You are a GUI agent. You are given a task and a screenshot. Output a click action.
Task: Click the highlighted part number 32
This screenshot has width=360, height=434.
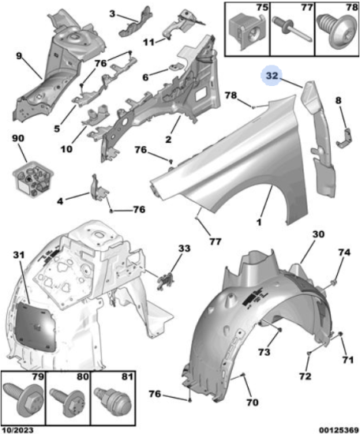(272, 76)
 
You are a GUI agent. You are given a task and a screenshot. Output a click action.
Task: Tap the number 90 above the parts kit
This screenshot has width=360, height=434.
(18, 138)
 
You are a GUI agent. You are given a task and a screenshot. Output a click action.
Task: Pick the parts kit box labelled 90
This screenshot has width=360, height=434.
(33, 177)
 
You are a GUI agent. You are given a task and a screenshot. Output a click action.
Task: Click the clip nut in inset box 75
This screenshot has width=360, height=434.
(246, 32)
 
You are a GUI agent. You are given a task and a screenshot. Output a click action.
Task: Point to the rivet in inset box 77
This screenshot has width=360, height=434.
(293, 28)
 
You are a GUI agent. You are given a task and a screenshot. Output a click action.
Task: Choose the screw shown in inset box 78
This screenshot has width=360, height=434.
(336, 32)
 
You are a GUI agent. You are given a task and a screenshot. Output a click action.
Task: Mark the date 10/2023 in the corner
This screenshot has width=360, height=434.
(17, 430)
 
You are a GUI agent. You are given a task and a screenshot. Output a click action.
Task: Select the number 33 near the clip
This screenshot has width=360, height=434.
(184, 248)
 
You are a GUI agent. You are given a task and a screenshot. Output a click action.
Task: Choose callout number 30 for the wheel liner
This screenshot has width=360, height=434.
(318, 234)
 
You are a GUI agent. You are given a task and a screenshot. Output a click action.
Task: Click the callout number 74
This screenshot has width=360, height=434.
(344, 253)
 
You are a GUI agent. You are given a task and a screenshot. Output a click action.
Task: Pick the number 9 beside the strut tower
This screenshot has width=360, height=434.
(19, 56)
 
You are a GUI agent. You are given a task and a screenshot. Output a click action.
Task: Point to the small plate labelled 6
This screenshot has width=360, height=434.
(175, 67)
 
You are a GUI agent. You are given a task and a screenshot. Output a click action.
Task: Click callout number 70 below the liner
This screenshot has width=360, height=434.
(253, 402)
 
